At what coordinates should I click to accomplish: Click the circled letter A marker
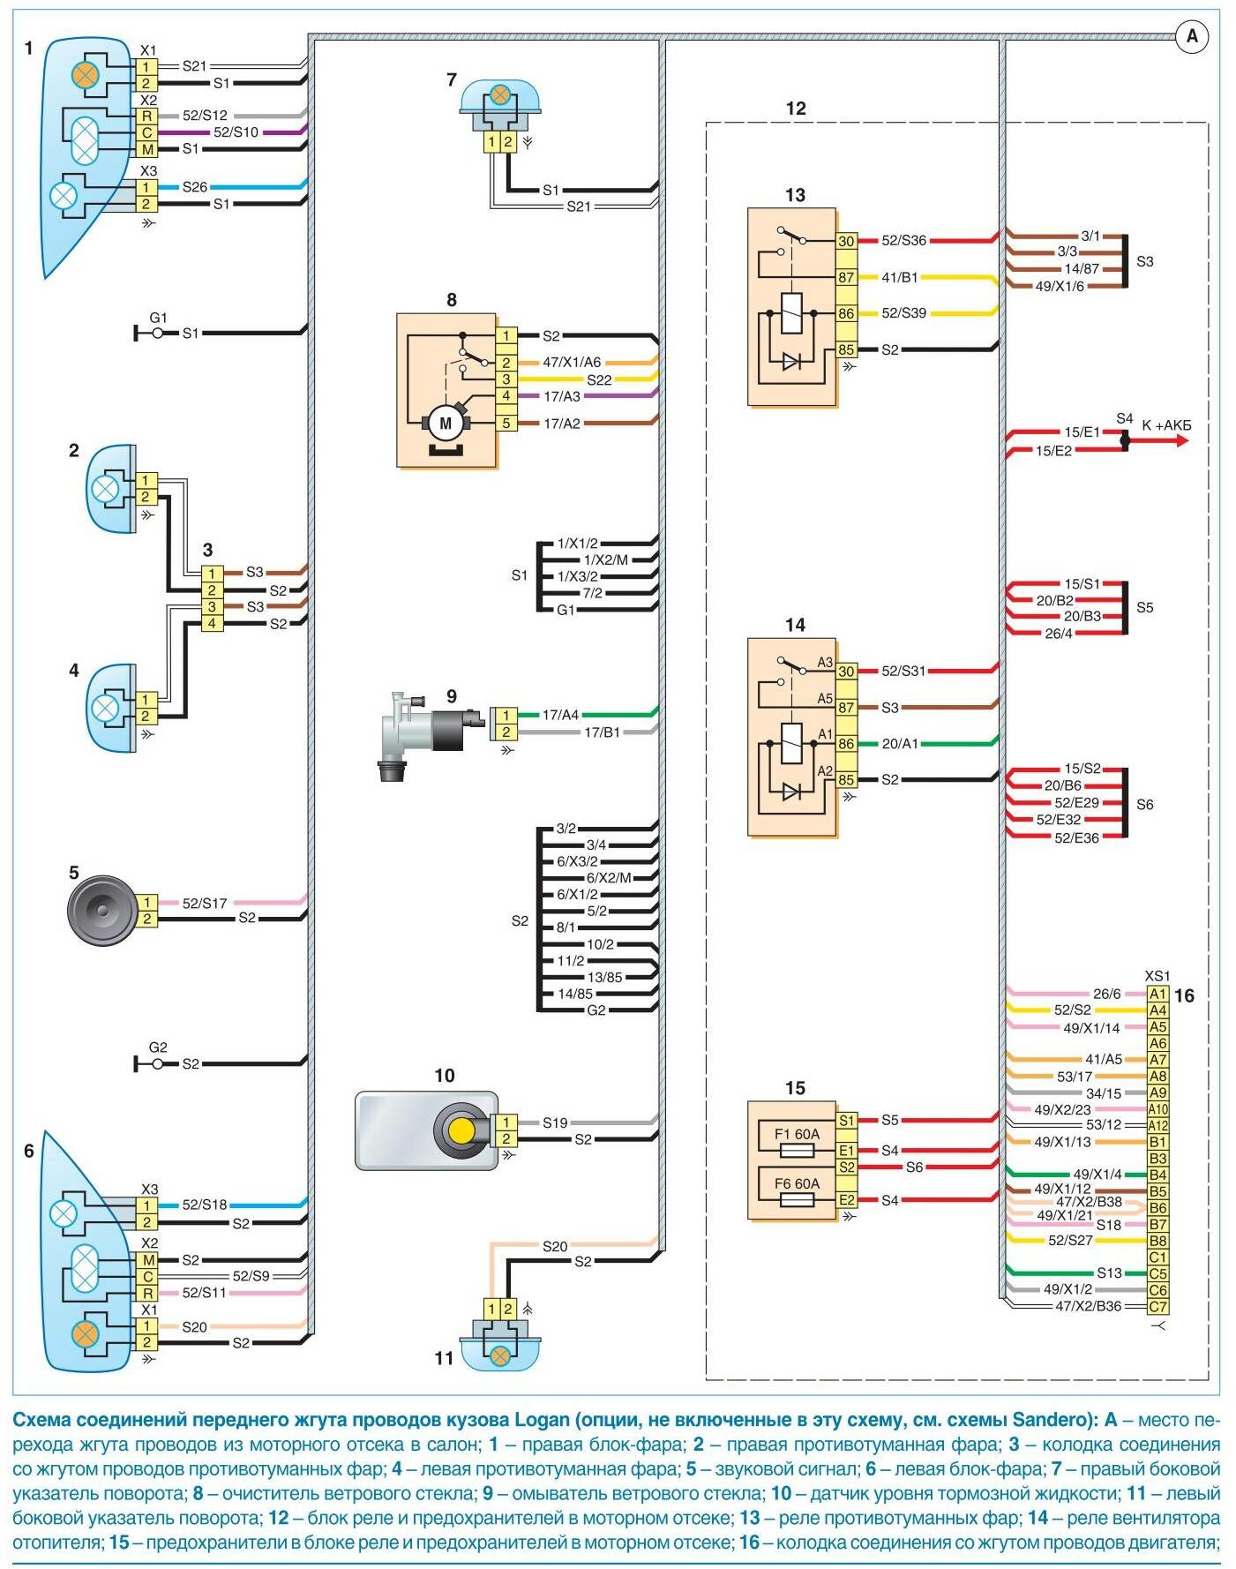[1192, 36]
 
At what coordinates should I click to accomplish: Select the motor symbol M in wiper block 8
[446, 423]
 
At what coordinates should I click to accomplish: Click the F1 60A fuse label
[797, 1134]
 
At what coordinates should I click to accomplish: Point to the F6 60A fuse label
[797, 1183]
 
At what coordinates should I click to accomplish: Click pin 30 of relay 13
[846, 241]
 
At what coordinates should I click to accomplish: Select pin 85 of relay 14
[846, 779]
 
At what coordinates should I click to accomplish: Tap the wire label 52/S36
[903, 240]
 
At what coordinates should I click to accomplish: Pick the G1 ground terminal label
[158, 318]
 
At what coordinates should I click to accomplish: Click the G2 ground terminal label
[158, 1047]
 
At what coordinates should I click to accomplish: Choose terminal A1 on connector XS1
[1157, 994]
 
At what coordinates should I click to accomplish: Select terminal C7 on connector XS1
[1157, 1307]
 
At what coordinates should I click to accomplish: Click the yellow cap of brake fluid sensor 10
[461, 1130]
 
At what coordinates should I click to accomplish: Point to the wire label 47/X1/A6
[572, 362]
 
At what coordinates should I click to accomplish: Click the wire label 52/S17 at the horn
[205, 903]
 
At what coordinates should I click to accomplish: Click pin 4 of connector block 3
[212, 623]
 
